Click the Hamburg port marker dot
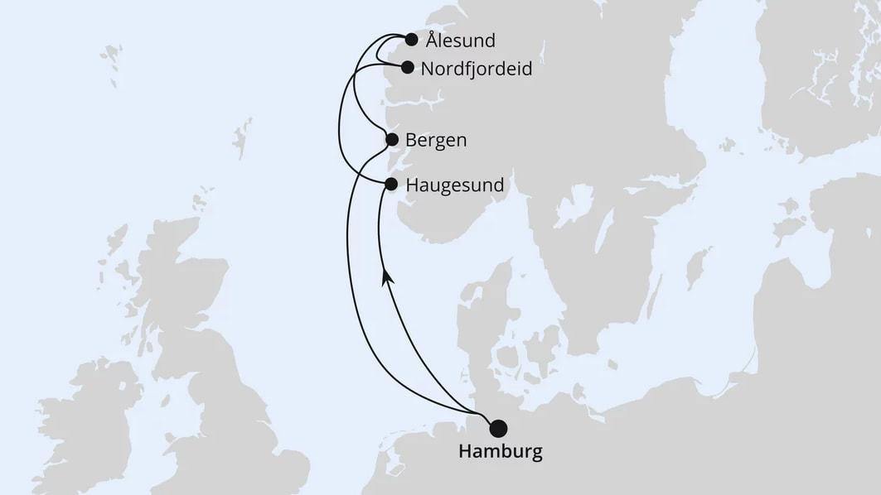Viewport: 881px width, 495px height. point(498,428)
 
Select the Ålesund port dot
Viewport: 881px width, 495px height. point(411,39)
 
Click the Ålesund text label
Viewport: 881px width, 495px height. point(460,40)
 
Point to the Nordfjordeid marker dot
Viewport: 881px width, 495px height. point(408,68)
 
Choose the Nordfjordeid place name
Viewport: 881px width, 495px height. point(476,69)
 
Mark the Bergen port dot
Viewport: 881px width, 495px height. point(392,141)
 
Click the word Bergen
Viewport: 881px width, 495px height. point(436,141)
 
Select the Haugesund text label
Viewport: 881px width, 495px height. point(455,185)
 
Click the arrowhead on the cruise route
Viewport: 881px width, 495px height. point(386,280)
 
